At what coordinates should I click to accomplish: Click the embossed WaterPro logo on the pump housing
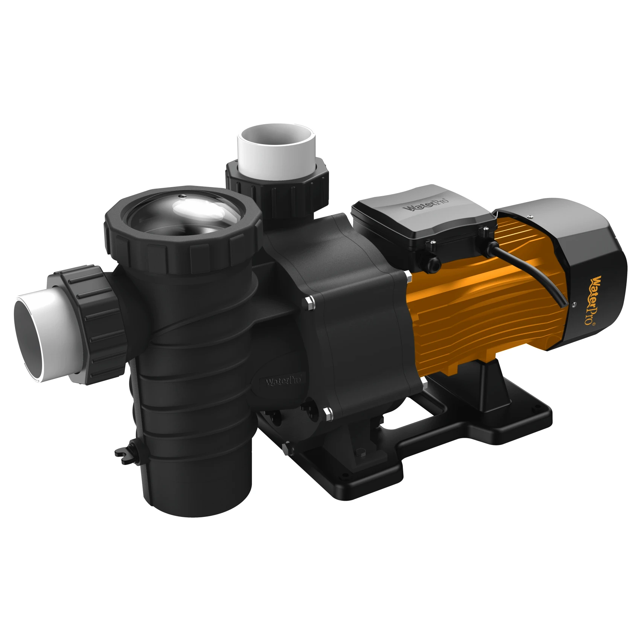coord(283,381)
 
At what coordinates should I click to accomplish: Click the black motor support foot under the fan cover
coord(489,376)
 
